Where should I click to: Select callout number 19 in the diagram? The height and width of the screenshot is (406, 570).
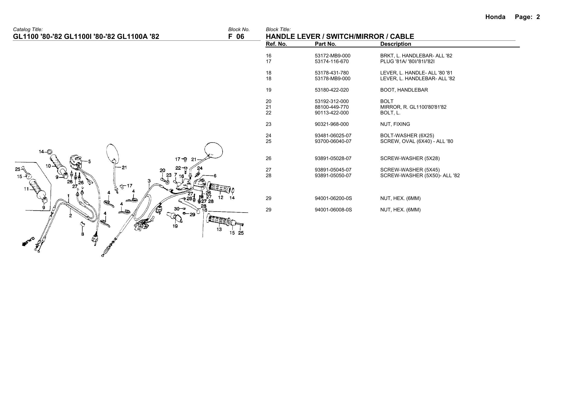click(x=175, y=226)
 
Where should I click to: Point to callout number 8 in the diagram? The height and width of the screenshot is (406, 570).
click(x=82, y=234)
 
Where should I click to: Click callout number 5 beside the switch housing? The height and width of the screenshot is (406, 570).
click(x=89, y=161)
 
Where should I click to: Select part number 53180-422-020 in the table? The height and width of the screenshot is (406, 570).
click(x=332, y=90)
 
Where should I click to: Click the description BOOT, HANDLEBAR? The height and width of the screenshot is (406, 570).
click(x=404, y=90)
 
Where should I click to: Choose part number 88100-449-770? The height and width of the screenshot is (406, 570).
click(x=332, y=107)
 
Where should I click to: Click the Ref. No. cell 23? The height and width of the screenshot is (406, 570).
click(x=268, y=124)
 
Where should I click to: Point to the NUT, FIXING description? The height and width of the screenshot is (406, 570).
click(x=395, y=124)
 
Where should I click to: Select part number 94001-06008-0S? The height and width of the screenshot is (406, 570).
click(x=333, y=210)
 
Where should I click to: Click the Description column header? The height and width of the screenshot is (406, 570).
click(x=395, y=44)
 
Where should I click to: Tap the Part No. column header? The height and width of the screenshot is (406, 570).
click(x=325, y=44)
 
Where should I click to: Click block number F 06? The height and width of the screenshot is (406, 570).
click(x=236, y=37)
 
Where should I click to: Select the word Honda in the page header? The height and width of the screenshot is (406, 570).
click(x=495, y=17)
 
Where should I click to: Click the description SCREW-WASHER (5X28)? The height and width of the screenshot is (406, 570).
click(x=410, y=158)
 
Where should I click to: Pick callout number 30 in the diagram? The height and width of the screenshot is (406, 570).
click(x=177, y=209)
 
